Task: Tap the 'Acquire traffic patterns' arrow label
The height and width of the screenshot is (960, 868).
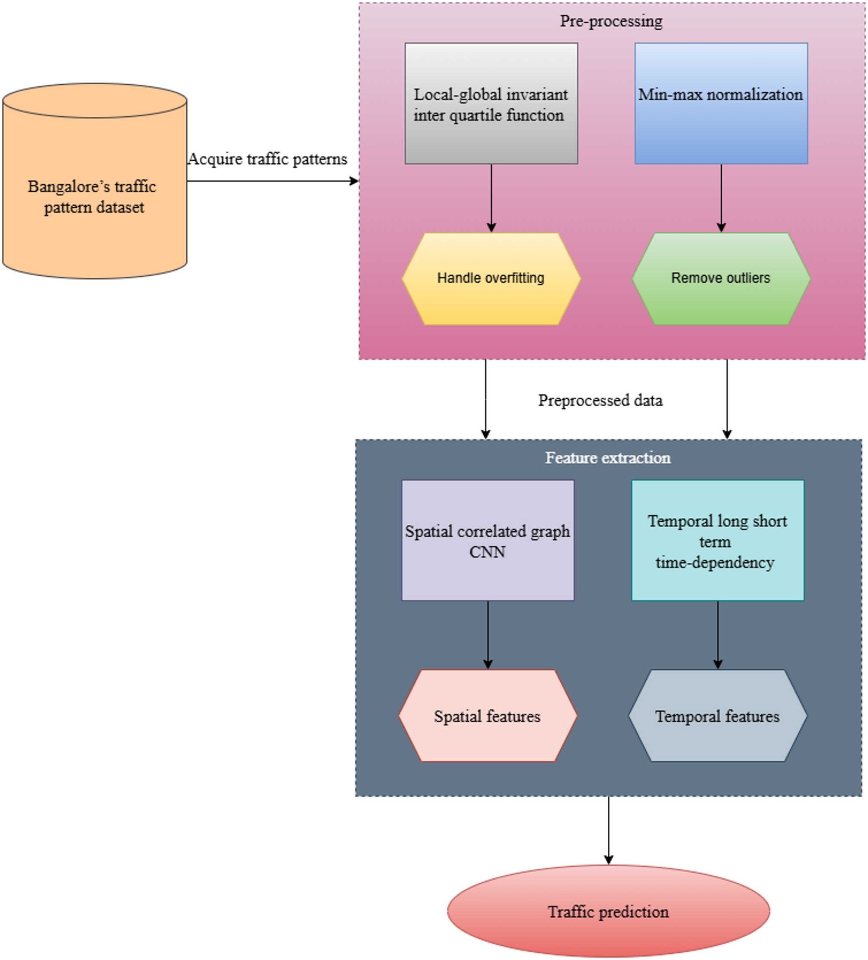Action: click(x=268, y=159)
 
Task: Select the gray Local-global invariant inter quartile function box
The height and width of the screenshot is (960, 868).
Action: click(x=491, y=103)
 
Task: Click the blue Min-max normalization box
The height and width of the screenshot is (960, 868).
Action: click(x=721, y=103)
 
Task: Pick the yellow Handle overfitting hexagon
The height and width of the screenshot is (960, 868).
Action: click(x=491, y=278)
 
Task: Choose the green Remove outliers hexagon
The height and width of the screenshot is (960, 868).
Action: click(x=721, y=278)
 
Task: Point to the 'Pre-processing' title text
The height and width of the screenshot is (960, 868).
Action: click(x=611, y=21)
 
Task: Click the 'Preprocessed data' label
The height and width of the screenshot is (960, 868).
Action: click(x=600, y=401)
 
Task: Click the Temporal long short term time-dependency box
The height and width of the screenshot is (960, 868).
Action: click(x=718, y=540)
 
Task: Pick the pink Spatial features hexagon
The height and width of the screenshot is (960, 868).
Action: click(x=488, y=716)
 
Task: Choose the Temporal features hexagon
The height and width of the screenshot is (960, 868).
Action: click(x=718, y=716)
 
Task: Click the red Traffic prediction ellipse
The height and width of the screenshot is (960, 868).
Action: click(x=608, y=912)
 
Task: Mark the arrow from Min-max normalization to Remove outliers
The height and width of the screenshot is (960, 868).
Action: click(x=721, y=198)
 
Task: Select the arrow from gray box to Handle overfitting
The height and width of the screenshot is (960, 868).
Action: click(x=491, y=198)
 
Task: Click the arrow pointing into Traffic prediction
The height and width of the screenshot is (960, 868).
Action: click(x=608, y=829)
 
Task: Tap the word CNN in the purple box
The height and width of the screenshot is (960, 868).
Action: click(x=487, y=552)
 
